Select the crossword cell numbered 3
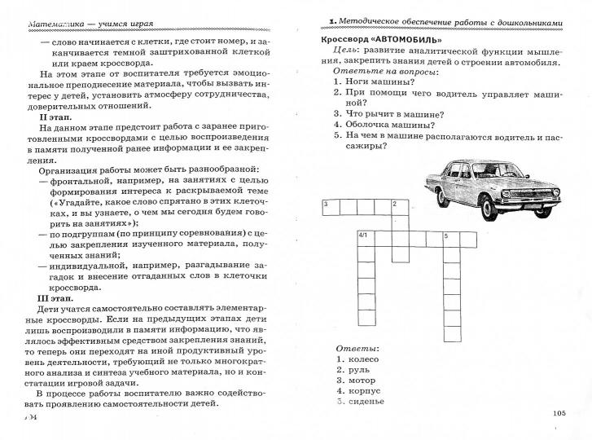(330, 207)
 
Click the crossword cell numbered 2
(399, 207)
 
